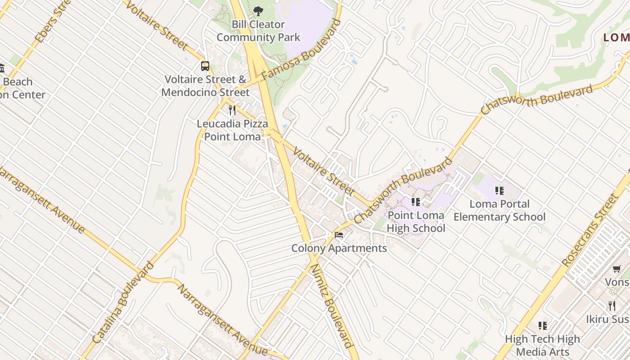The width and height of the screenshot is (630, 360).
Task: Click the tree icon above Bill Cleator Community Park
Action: coord(258,11)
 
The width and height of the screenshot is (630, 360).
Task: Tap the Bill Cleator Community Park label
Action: coord(258,31)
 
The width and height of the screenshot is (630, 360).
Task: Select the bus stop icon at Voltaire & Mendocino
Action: coord(205,66)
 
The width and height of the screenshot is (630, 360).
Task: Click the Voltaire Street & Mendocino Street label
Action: coord(205,86)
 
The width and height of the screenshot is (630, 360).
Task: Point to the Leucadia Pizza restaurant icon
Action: coord(232,110)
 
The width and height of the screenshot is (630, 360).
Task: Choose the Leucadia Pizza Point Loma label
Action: coord(232,130)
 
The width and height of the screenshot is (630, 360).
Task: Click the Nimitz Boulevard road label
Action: coord(331,306)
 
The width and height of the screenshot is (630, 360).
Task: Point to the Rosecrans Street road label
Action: coord(590,229)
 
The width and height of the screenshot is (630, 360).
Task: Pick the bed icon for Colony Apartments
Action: coord(339,235)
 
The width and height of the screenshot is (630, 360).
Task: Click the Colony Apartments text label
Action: coord(339,248)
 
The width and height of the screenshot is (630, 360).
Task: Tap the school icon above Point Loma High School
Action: coord(415,202)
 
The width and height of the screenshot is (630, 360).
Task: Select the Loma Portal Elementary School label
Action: coord(499,211)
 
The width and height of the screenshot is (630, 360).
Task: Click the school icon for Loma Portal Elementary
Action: coord(499,191)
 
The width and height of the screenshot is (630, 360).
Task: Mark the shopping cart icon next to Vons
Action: coord(616,269)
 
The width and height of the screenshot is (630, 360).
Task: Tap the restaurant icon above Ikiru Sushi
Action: coord(612,306)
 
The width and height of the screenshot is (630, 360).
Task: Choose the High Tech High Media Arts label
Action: coord(543,345)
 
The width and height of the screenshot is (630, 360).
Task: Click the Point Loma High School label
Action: coord(416,222)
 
